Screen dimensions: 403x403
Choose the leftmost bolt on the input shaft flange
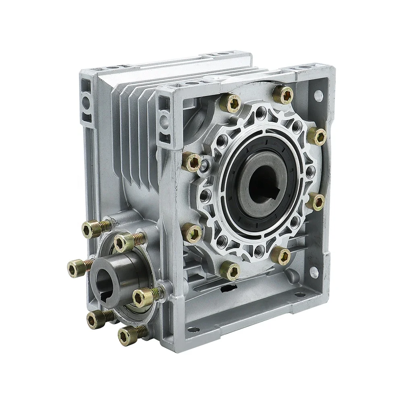[76, 266]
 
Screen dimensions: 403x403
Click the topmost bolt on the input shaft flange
[91, 230]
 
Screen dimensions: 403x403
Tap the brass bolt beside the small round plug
[191, 161]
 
